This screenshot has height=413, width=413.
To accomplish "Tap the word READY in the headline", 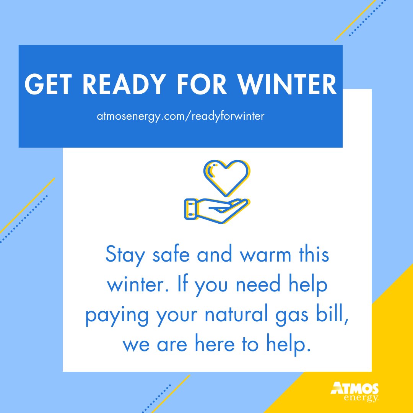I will [125, 85].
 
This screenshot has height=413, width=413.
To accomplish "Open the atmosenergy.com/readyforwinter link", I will [180, 117].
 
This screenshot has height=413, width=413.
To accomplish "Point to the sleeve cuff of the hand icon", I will [190, 209].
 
